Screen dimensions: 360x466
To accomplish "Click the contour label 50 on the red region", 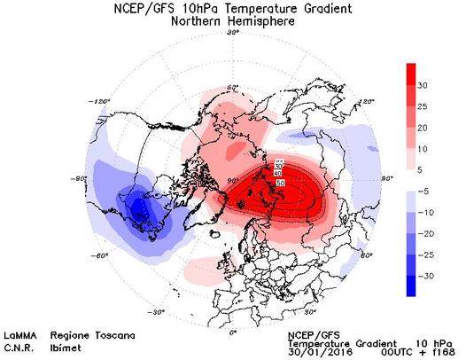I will pos(281,181).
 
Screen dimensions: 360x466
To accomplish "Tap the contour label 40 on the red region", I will pos(280,173).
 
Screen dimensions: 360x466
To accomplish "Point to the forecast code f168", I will pos(440,352).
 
